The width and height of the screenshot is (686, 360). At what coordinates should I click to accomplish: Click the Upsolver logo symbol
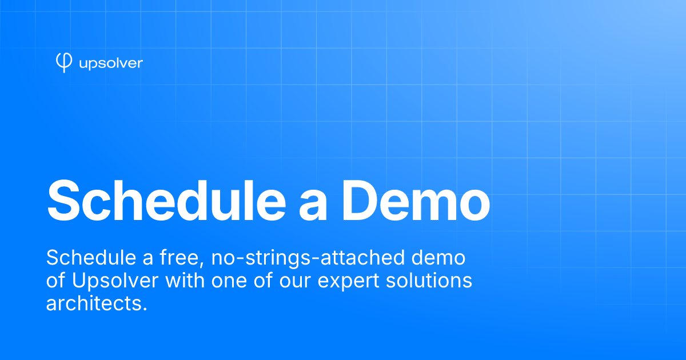click(x=64, y=62)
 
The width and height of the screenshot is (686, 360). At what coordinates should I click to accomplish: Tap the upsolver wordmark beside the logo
click(x=111, y=63)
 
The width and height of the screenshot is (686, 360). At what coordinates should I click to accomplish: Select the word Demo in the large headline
click(x=416, y=201)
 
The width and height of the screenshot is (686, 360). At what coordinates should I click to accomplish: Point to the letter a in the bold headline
click(x=313, y=206)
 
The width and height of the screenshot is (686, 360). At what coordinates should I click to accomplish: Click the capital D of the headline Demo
click(x=360, y=201)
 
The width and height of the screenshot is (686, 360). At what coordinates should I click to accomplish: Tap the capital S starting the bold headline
click(x=63, y=201)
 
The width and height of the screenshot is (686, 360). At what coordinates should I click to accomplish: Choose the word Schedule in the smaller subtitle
click(x=91, y=258)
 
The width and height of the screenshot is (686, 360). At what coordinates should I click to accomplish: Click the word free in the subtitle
click(x=182, y=258)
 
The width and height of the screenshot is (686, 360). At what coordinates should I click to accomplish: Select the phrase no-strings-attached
click(x=308, y=258)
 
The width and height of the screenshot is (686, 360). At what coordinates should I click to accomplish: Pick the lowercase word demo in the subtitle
click(x=438, y=258)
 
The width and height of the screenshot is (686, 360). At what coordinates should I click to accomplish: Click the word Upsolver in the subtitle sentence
click(x=115, y=281)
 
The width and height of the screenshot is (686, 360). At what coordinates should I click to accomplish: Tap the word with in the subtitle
click(x=185, y=280)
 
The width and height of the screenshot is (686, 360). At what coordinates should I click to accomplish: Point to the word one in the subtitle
click(x=229, y=282)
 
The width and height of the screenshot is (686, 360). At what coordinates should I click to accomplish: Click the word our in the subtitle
click(x=294, y=282)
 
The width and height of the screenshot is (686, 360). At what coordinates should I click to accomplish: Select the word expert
click(x=349, y=282)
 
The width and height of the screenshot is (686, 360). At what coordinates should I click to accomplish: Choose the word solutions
click(x=429, y=280)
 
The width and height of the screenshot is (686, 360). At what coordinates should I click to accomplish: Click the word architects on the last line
click(x=93, y=303)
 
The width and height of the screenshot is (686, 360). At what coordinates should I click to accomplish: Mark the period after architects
click(x=145, y=310)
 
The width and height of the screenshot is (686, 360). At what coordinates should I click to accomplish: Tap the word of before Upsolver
click(x=55, y=280)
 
